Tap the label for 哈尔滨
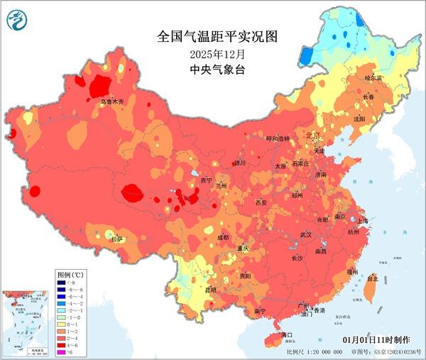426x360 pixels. coord(373,77)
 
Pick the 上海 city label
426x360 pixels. coord(364,221)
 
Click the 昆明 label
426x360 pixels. coord(190,290)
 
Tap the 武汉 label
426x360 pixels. coord(306,234)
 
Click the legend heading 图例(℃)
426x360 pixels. coord(71,273)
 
